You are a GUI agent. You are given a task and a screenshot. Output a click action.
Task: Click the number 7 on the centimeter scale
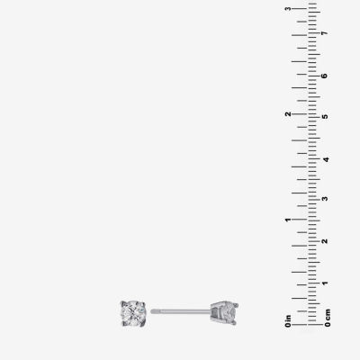pyautogui.click(x=324, y=32)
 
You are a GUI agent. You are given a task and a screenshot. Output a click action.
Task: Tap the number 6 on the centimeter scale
pyautogui.click(x=324, y=76)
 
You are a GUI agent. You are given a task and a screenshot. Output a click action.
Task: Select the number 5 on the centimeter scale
pyautogui.click(x=324, y=117)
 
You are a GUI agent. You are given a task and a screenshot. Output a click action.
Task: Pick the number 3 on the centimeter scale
pyautogui.click(x=324, y=199)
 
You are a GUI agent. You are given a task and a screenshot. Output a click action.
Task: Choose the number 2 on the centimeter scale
pyautogui.click(x=324, y=241)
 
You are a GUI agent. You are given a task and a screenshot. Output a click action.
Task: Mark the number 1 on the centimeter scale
pyautogui.click(x=324, y=283)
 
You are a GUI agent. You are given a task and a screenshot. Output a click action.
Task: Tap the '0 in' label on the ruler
pyautogui.click(x=288, y=320)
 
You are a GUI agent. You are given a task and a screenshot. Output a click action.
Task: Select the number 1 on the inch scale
pyautogui.click(x=288, y=220)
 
